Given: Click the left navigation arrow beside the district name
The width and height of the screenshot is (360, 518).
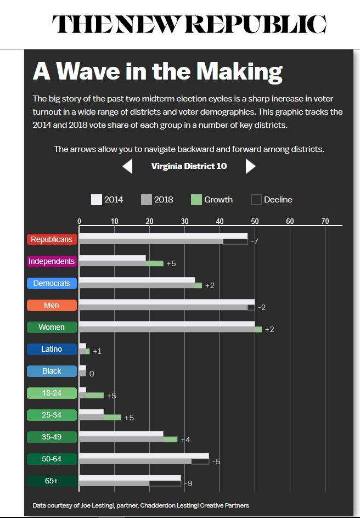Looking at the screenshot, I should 127,166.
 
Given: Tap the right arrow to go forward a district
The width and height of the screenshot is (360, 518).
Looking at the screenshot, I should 250,166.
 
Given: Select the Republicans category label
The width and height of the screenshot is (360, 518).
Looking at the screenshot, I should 52,240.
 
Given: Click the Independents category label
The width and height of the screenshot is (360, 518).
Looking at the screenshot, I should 52,262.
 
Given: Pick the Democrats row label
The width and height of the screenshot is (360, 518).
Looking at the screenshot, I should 52,284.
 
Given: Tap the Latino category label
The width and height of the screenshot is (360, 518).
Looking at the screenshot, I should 52,350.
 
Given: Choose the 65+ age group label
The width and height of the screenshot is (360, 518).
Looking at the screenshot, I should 52,481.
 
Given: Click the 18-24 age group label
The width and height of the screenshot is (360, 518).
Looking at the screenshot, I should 52,393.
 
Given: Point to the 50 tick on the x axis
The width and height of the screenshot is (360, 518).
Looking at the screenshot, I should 255,221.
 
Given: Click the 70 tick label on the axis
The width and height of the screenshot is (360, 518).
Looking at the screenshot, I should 325,221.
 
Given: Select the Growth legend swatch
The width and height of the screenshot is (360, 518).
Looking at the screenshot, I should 196,200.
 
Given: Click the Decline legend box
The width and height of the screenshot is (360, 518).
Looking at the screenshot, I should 256,200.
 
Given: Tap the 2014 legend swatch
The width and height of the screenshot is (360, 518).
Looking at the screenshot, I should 97,200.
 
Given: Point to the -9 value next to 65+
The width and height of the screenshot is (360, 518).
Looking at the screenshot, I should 188,483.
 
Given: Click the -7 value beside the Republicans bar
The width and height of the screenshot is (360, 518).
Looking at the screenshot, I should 255,242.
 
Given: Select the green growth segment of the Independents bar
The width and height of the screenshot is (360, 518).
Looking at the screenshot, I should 155,263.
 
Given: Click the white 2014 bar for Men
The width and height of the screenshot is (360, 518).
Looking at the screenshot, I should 165,302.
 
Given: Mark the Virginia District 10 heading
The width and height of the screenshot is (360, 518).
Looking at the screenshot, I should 189,166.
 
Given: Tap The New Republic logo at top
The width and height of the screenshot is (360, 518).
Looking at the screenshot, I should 189,24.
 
